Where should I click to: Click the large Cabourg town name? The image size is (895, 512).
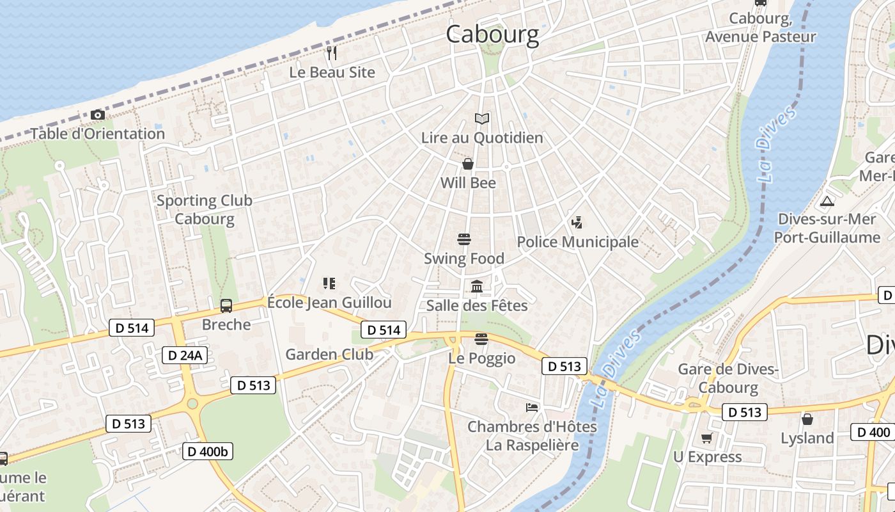(x=492, y=34)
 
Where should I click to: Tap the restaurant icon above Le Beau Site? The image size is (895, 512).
(x=331, y=52)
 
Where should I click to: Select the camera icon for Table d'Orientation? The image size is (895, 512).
(x=98, y=115)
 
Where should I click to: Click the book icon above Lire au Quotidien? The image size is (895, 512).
(x=482, y=118)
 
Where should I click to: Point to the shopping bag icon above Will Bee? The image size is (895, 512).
(x=468, y=164)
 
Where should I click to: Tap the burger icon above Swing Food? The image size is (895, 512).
(x=465, y=239)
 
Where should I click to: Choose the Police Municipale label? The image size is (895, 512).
(x=577, y=241)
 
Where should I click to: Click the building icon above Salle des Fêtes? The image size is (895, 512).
(x=477, y=286)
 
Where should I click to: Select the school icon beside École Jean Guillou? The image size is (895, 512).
(x=329, y=283)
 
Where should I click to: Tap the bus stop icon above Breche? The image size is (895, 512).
(x=226, y=305)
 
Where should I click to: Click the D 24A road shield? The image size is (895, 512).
(x=185, y=355)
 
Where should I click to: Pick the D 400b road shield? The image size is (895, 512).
(x=208, y=451)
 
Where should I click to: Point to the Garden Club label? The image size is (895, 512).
(x=329, y=354)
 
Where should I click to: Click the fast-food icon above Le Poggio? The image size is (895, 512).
(x=481, y=339)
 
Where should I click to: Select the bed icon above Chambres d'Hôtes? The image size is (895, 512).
(x=532, y=407)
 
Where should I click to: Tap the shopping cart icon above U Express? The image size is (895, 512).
(x=706, y=438)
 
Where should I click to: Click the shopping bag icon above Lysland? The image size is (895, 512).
(x=807, y=419)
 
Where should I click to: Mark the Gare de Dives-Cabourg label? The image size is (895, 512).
(x=728, y=378)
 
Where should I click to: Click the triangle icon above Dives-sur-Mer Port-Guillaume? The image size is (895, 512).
(x=827, y=201)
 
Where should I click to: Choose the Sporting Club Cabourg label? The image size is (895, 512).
(x=205, y=209)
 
